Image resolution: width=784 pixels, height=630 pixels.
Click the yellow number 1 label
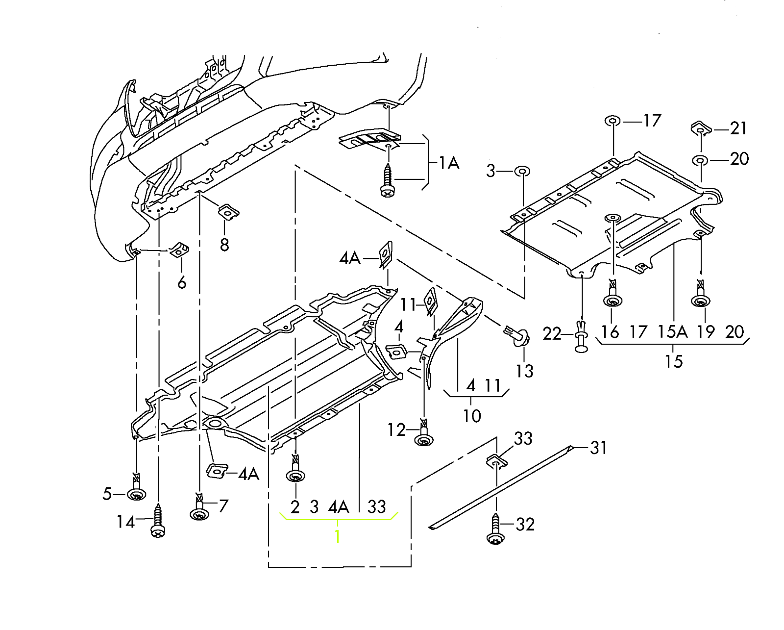click(337, 536)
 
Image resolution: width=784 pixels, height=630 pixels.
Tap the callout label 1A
click(448, 163)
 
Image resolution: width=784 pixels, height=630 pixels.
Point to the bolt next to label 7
click(199, 511)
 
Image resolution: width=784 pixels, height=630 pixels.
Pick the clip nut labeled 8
click(228, 212)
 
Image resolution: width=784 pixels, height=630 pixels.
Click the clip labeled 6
click(179, 250)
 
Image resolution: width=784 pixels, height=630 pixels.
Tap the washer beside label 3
click(522, 171)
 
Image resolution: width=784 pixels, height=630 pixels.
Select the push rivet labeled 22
click(581, 336)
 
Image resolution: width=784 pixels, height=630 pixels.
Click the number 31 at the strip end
click(598, 448)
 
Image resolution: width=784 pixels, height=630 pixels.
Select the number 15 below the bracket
click(673, 362)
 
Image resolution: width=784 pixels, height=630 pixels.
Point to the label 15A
click(672, 332)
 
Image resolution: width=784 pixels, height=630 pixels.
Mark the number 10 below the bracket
click(472, 416)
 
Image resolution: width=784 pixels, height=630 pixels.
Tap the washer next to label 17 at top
click(612, 121)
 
